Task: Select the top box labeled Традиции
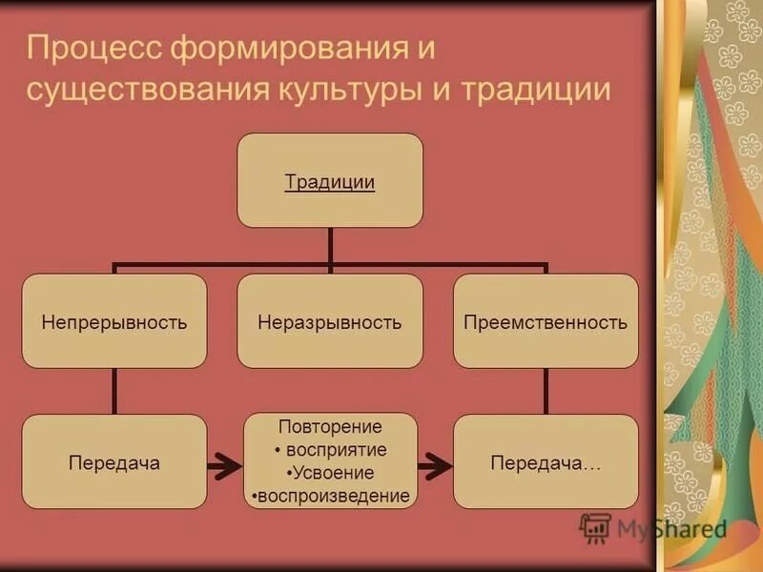pos(330,180)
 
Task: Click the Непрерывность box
pos(114,321)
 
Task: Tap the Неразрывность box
pos(330,321)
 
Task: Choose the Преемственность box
pos(546,321)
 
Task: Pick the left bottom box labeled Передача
pos(114,462)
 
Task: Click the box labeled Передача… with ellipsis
pos(546,462)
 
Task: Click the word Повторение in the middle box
pos(330,427)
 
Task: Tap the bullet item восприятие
pos(330,450)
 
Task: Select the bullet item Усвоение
pos(330,473)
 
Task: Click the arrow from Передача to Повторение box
pos(225,466)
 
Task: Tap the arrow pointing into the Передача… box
pos(435,466)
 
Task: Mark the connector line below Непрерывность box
pos(114,391)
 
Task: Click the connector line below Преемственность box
pos(546,391)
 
